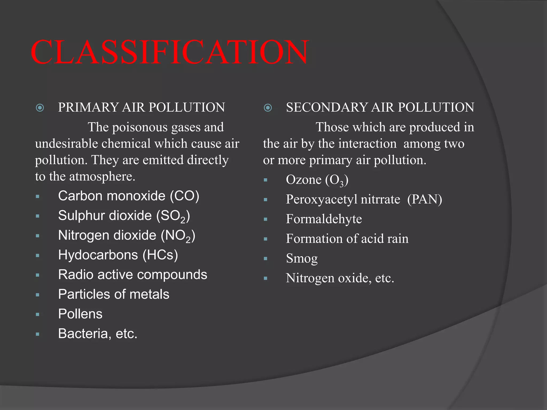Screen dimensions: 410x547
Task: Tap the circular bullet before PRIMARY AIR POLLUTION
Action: [x=40, y=108]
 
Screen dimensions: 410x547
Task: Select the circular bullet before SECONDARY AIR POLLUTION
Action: [x=268, y=108]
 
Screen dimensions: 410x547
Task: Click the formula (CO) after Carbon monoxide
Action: [x=185, y=196]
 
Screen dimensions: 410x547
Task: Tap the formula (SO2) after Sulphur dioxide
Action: [x=173, y=216]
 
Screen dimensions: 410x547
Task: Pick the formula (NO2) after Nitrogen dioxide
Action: [x=178, y=236]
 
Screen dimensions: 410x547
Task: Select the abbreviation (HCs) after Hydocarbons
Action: [x=160, y=255]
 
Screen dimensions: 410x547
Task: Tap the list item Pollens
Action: [x=80, y=314]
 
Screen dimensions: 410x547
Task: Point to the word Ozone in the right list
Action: [x=304, y=180]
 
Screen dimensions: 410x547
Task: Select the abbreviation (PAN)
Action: [x=425, y=199]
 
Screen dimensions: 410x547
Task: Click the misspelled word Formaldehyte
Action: [x=324, y=219]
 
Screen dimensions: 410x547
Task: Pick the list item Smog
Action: [x=302, y=258]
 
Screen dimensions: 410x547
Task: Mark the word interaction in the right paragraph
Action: [x=368, y=144]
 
